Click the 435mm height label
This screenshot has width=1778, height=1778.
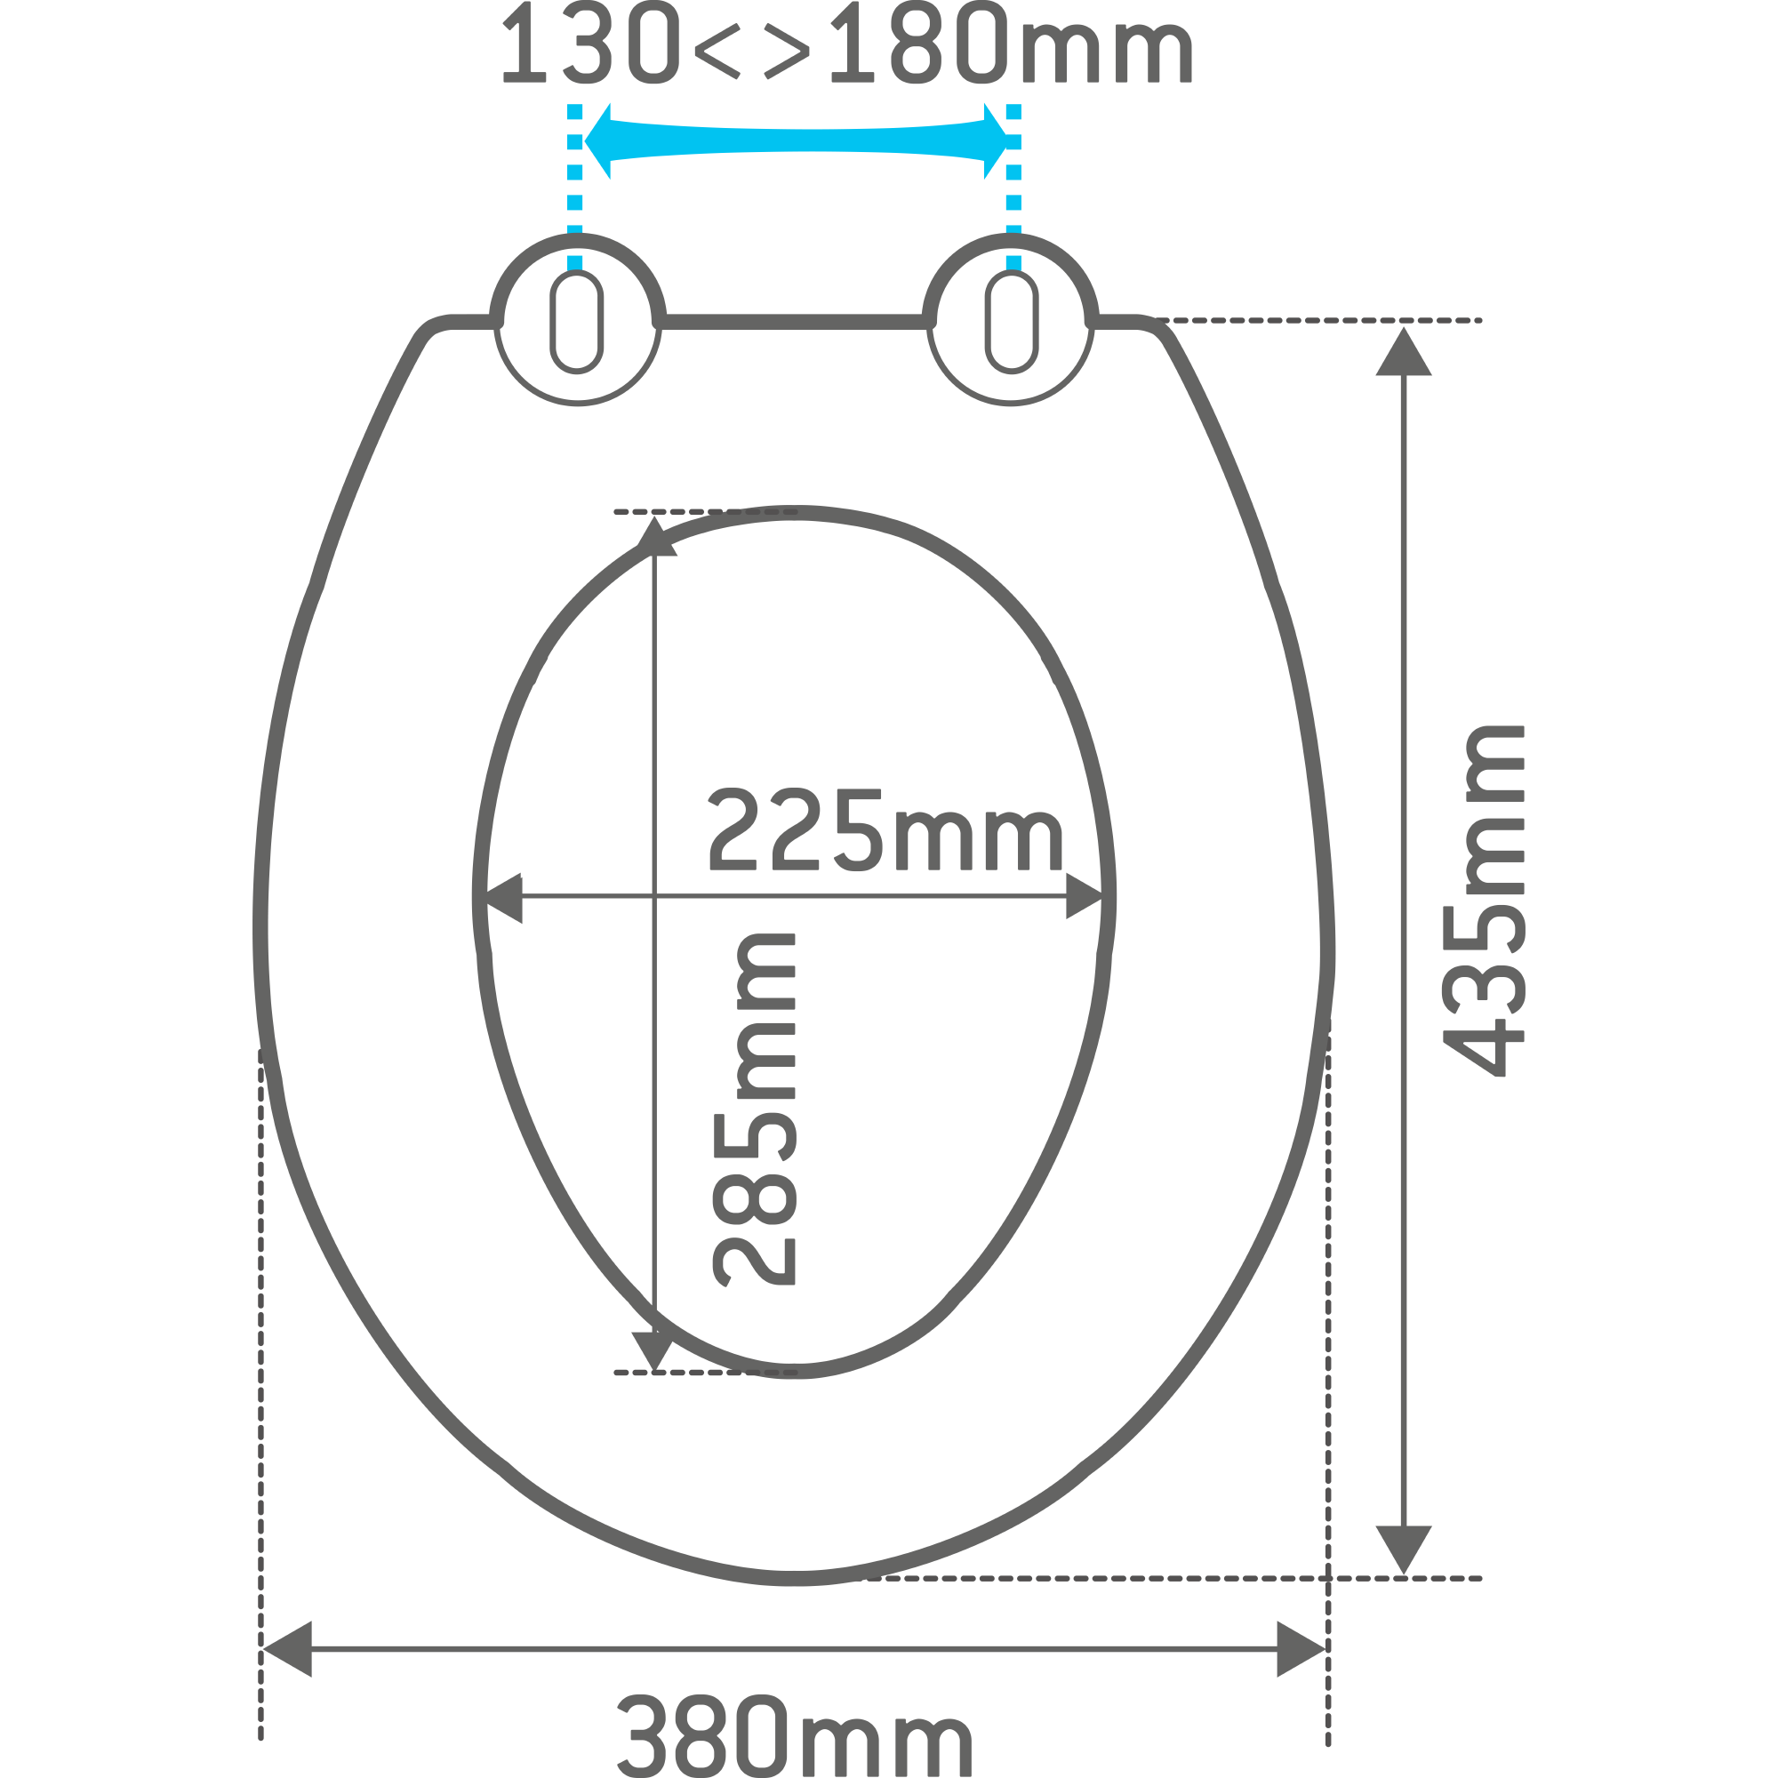(x=1484, y=901)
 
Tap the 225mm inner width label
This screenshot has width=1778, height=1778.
(x=885, y=831)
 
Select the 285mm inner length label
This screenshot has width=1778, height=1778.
(x=755, y=1109)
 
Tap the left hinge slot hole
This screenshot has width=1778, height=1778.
(x=577, y=322)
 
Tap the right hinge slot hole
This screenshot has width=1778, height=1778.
(x=1012, y=322)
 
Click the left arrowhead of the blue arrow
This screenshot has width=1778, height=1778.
(x=598, y=140)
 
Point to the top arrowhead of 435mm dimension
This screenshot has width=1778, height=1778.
(x=1404, y=355)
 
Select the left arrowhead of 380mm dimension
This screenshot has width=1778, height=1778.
(x=287, y=1649)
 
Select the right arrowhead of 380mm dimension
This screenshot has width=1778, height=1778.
(x=1300, y=1649)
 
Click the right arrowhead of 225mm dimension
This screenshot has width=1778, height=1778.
(x=1083, y=897)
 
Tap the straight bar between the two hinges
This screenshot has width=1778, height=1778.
(x=794, y=321)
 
